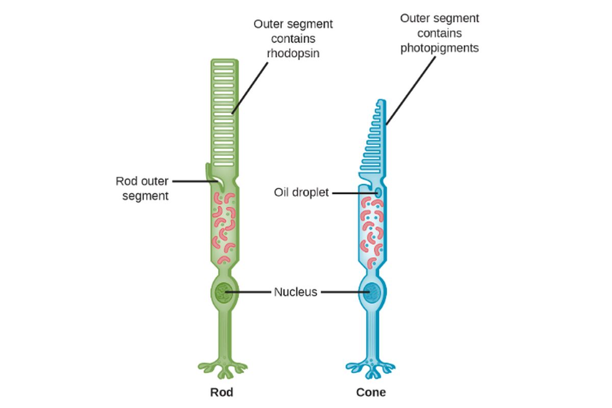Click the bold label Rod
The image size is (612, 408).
(222, 393)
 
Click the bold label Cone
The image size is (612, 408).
(371, 393)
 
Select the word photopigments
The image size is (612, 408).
(439, 48)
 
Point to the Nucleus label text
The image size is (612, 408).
(295, 292)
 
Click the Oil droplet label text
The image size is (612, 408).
(301, 193)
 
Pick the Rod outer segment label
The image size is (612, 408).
(142, 188)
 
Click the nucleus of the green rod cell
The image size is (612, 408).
(223, 292)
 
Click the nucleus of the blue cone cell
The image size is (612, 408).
(371, 293)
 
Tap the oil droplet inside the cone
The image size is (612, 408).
(378, 193)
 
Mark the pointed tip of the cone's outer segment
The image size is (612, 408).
(382, 103)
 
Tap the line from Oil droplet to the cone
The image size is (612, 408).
(352, 193)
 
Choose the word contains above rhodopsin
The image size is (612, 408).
(293, 38)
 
